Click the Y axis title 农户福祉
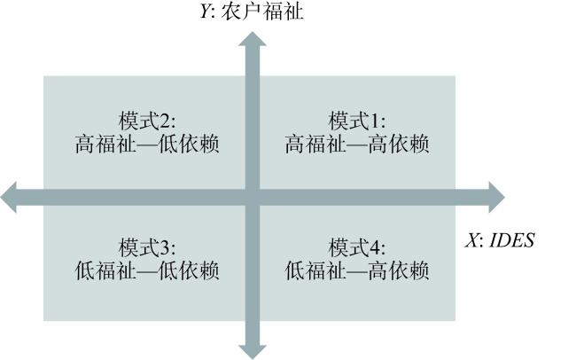click(x=262, y=12)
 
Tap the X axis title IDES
click(x=511, y=241)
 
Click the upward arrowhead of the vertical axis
click(x=253, y=39)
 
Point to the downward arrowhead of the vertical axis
click(x=253, y=352)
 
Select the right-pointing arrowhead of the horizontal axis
click(x=496, y=197)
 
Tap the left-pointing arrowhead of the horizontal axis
click(x=8, y=197)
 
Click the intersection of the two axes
click(x=253, y=198)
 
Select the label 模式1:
click(x=357, y=121)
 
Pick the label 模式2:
click(x=147, y=121)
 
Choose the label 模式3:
click(x=147, y=247)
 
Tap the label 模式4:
click(x=357, y=247)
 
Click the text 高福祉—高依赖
click(x=357, y=145)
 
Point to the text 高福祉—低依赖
click(x=147, y=145)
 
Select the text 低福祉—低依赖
click(x=147, y=271)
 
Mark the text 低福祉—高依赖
click(x=357, y=271)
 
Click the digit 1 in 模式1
click(x=375, y=121)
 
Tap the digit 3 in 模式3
click(x=165, y=248)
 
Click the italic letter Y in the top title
click(x=206, y=12)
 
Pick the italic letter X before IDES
click(x=471, y=241)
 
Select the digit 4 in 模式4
click(x=375, y=248)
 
